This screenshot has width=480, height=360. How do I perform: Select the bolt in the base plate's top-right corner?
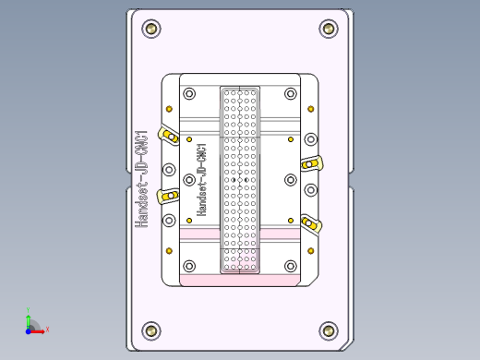tap(328, 30)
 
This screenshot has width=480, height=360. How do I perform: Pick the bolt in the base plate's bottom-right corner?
tap(328, 330)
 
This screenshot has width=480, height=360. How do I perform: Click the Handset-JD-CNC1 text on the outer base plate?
tap(141, 178)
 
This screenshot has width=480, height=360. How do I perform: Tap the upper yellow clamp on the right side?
tap(311, 163)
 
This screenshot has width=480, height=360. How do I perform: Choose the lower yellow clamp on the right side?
tap(311, 222)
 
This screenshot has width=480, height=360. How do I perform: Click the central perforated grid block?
tap(240, 180)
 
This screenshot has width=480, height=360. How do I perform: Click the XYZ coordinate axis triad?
tap(33, 326)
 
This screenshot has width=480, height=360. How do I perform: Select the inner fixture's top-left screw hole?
tap(189, 94)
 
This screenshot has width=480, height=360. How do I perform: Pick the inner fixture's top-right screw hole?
tap(290, 94)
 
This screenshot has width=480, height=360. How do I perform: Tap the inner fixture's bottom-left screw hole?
tap(189, 267)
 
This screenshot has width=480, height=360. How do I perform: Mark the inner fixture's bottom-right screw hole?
tap(290, 267)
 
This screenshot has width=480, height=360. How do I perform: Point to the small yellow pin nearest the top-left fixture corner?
tap(189, 139)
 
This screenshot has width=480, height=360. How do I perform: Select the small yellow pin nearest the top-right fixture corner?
tap(291, 139)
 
